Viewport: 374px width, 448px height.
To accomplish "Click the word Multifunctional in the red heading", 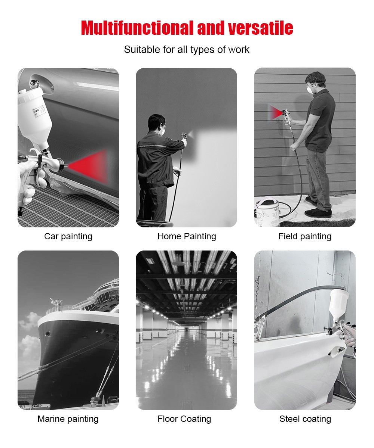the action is pyautogui.click(x=137, y=28).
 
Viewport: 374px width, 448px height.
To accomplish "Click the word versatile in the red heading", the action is pyautogui.click(x=260, y=28).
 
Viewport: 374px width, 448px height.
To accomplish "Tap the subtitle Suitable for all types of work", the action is pyautogui.click(x=187, y=50).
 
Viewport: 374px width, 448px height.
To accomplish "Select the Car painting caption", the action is pyautogui.click(x=68, y=236).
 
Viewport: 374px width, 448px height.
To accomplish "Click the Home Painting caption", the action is pyautogui.click(x=187, y=236).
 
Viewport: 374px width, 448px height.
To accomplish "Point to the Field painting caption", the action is pyautogui.click(x=305, y=236).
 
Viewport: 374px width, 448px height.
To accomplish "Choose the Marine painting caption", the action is pyautogui.click(x=68, y=419).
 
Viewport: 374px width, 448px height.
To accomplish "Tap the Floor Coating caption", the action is pyautogui.click(x=184, y=419).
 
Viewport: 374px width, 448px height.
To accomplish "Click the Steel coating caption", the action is pyautogui.click(x=305, y=419).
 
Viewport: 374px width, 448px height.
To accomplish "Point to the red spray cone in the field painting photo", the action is pyautogui.click(x=276, y=112).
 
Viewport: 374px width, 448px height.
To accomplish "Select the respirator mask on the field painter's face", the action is pyautogui.click(x=310, y=88).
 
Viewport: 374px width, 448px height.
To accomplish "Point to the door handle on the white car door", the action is pyautogui.click(x=336, y=351).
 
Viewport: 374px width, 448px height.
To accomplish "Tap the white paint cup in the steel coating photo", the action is pyautogui.click(x=339, y=303).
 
